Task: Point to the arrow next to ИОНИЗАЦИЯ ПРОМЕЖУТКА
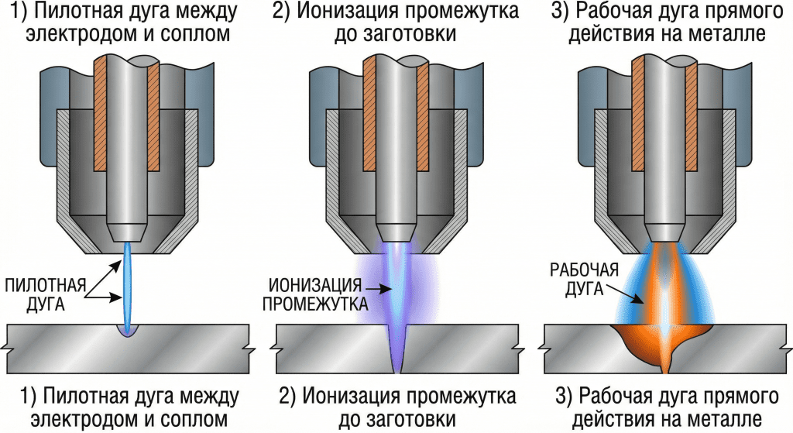tap(376, 290)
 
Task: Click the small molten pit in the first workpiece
tap(126, 331)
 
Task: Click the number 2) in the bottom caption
tap(287, 397)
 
